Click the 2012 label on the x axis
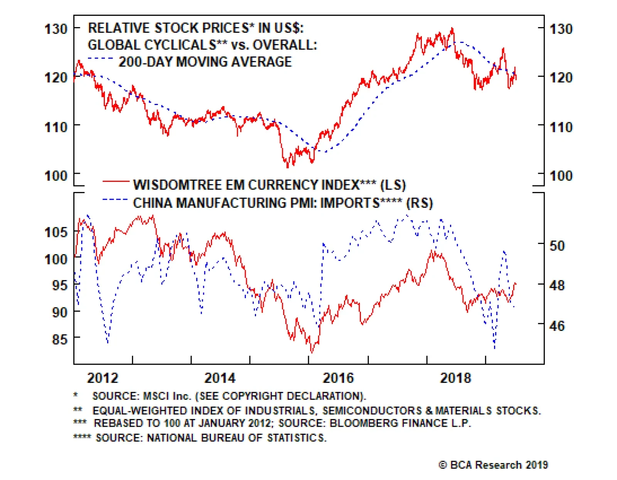tap(103, 378)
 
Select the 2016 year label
tap(338, 378)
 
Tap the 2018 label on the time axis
tap(455, 378)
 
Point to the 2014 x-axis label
tap(220, 378)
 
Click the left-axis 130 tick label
tap(56, 29)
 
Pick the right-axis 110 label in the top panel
tap(561, 127)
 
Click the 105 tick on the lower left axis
tap(56, 232)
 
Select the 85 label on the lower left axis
tap(59, 339)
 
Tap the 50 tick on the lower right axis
tap(557, 246)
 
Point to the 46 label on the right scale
tap(557, 326)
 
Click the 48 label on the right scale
tap(557, 286)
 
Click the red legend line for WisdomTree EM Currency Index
tap(116, 181)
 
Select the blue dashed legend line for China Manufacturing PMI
tap(115, 200)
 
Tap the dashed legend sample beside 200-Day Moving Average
tap(100, 59)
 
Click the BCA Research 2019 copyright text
tap(493, 465)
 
